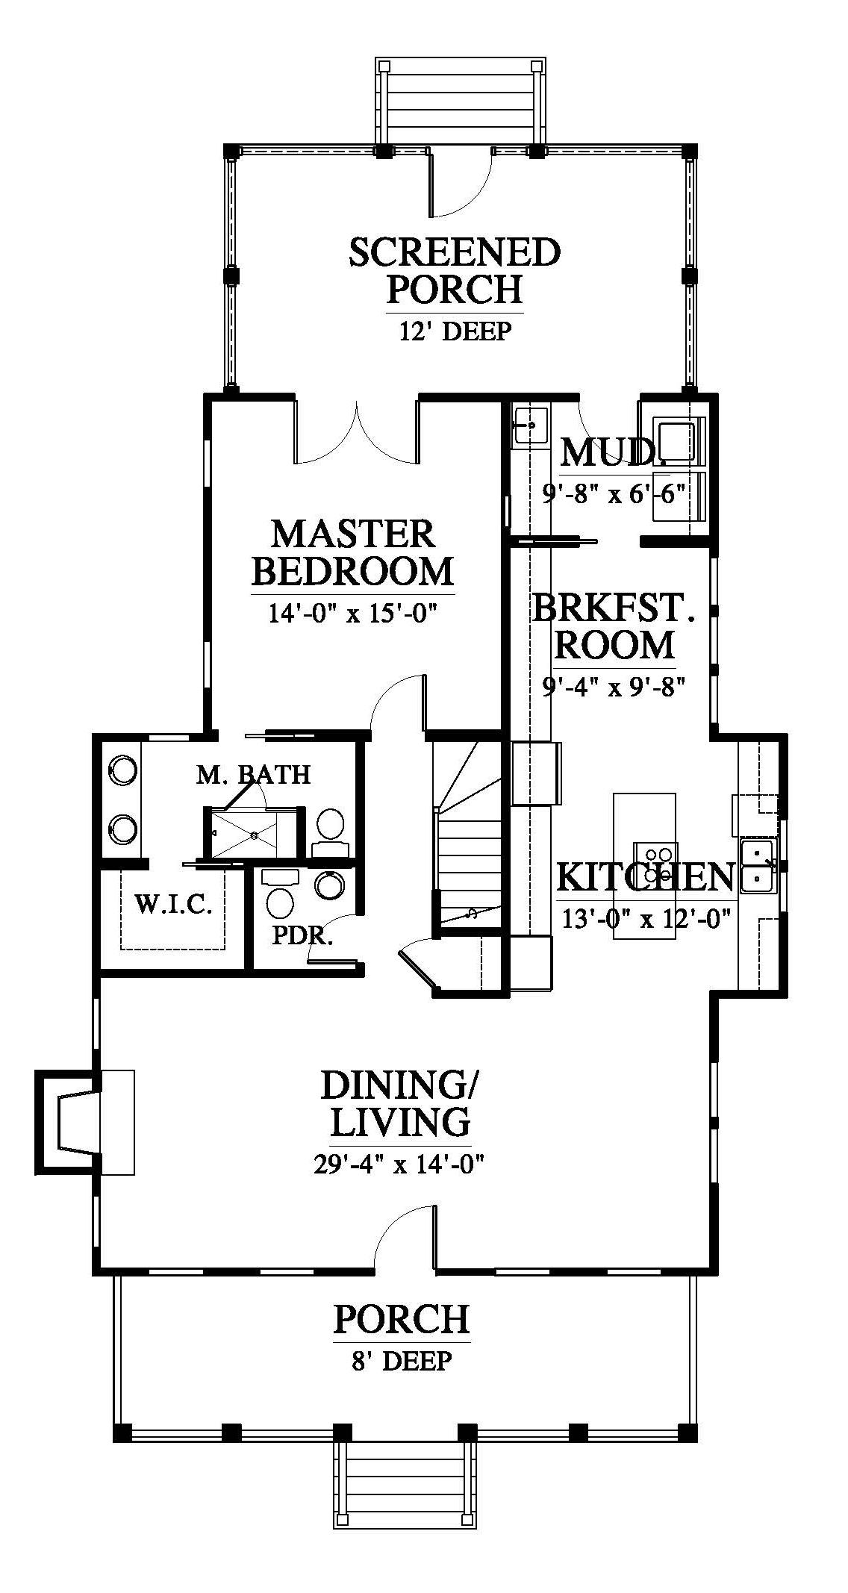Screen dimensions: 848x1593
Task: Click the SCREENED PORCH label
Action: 455,271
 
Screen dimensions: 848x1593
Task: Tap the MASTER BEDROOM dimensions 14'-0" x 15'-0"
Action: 352,613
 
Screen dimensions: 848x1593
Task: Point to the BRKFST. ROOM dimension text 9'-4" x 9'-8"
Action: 614,686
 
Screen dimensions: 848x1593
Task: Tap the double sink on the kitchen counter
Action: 759,865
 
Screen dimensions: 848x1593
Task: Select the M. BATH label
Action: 254,775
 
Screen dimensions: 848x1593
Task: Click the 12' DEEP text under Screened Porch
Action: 455,331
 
